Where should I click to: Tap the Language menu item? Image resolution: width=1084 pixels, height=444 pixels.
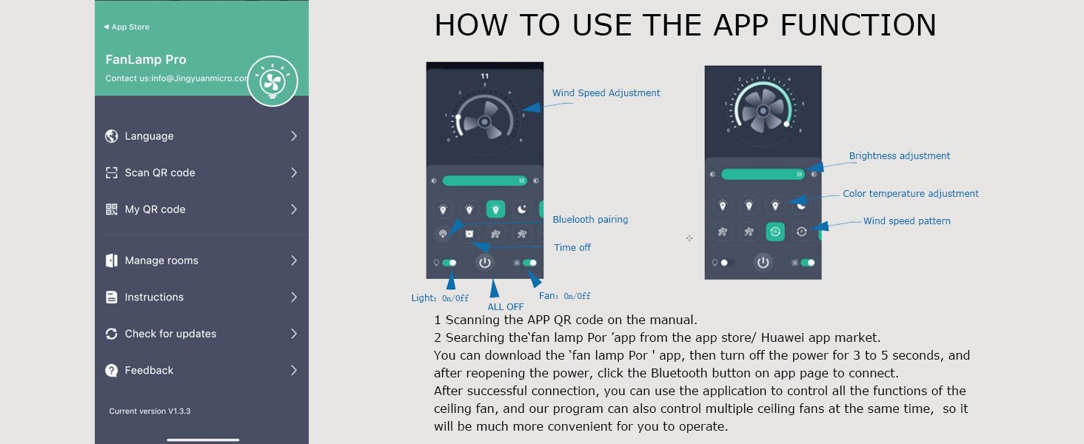201,136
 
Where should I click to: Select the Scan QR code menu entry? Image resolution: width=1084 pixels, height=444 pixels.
201,172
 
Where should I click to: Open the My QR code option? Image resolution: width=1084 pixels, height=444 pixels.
201,209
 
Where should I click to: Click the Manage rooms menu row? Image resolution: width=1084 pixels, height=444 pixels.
201,260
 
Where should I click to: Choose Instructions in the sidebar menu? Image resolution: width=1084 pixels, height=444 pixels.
201,297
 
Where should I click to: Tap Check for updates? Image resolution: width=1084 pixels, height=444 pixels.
201,334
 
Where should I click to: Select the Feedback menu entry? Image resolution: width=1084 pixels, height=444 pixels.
201,371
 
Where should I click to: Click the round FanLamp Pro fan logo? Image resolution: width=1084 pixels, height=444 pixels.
272,81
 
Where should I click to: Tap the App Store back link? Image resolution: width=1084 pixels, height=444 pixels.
127,27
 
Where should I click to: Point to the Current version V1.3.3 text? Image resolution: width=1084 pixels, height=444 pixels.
150,411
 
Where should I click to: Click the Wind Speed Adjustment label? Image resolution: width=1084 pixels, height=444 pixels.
606,92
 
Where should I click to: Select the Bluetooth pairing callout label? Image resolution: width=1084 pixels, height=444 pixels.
590,220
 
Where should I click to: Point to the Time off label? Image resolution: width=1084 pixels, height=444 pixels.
572,248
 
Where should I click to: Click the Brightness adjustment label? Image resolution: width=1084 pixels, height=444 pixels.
899,155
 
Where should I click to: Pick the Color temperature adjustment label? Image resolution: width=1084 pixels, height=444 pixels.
911,193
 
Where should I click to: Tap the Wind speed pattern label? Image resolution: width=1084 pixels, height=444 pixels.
907,221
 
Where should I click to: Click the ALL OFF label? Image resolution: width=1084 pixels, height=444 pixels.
506,306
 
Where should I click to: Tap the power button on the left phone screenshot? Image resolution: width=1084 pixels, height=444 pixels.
484,263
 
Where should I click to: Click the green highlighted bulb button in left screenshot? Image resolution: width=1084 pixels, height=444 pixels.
495,209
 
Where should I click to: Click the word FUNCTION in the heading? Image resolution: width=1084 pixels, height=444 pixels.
858,25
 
